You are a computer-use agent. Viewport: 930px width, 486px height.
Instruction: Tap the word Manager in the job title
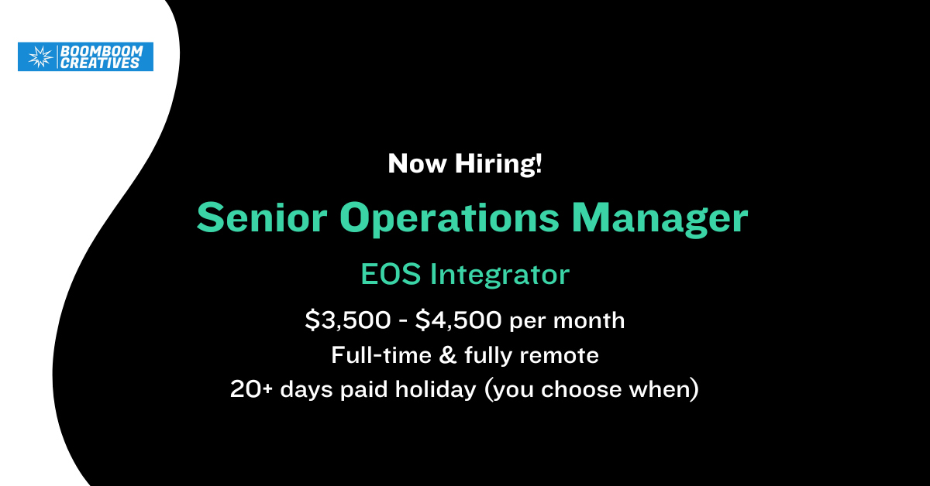pos(660,220)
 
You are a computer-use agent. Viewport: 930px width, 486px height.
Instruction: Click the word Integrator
pos(501,275)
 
